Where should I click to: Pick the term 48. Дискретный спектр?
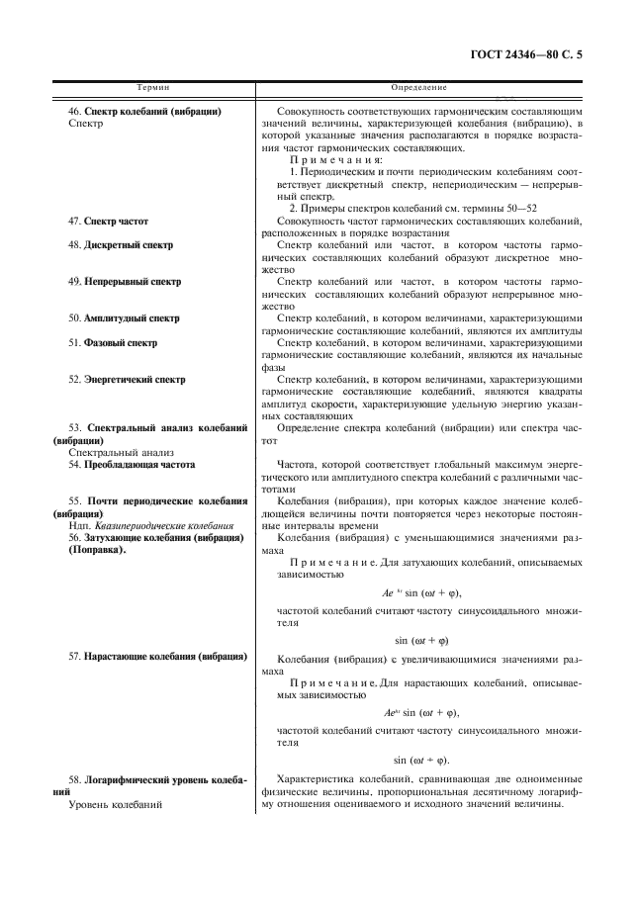(121, 244)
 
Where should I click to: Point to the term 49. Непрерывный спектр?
(125, 281)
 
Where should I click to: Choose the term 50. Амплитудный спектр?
(124, 318)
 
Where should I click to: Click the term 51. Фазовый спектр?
(113, 342)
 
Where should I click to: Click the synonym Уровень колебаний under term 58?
(115, 804)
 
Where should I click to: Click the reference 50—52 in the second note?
(520, 209)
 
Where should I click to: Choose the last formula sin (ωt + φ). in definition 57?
(421, 761)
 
